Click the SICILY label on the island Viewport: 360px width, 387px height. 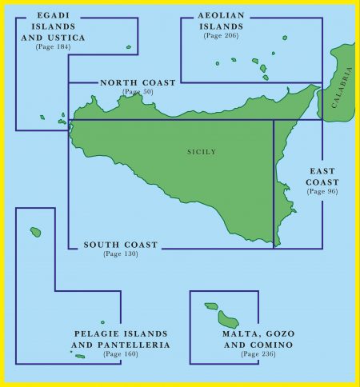(201, 152)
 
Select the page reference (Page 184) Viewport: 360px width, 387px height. (53, 47)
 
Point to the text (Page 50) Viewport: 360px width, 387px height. (138, 92)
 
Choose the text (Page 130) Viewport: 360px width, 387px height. (121, 254)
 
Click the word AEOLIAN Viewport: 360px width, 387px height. (220, 16)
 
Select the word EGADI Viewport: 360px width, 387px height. (53, 16)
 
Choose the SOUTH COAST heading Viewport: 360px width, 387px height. (121, 245)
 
